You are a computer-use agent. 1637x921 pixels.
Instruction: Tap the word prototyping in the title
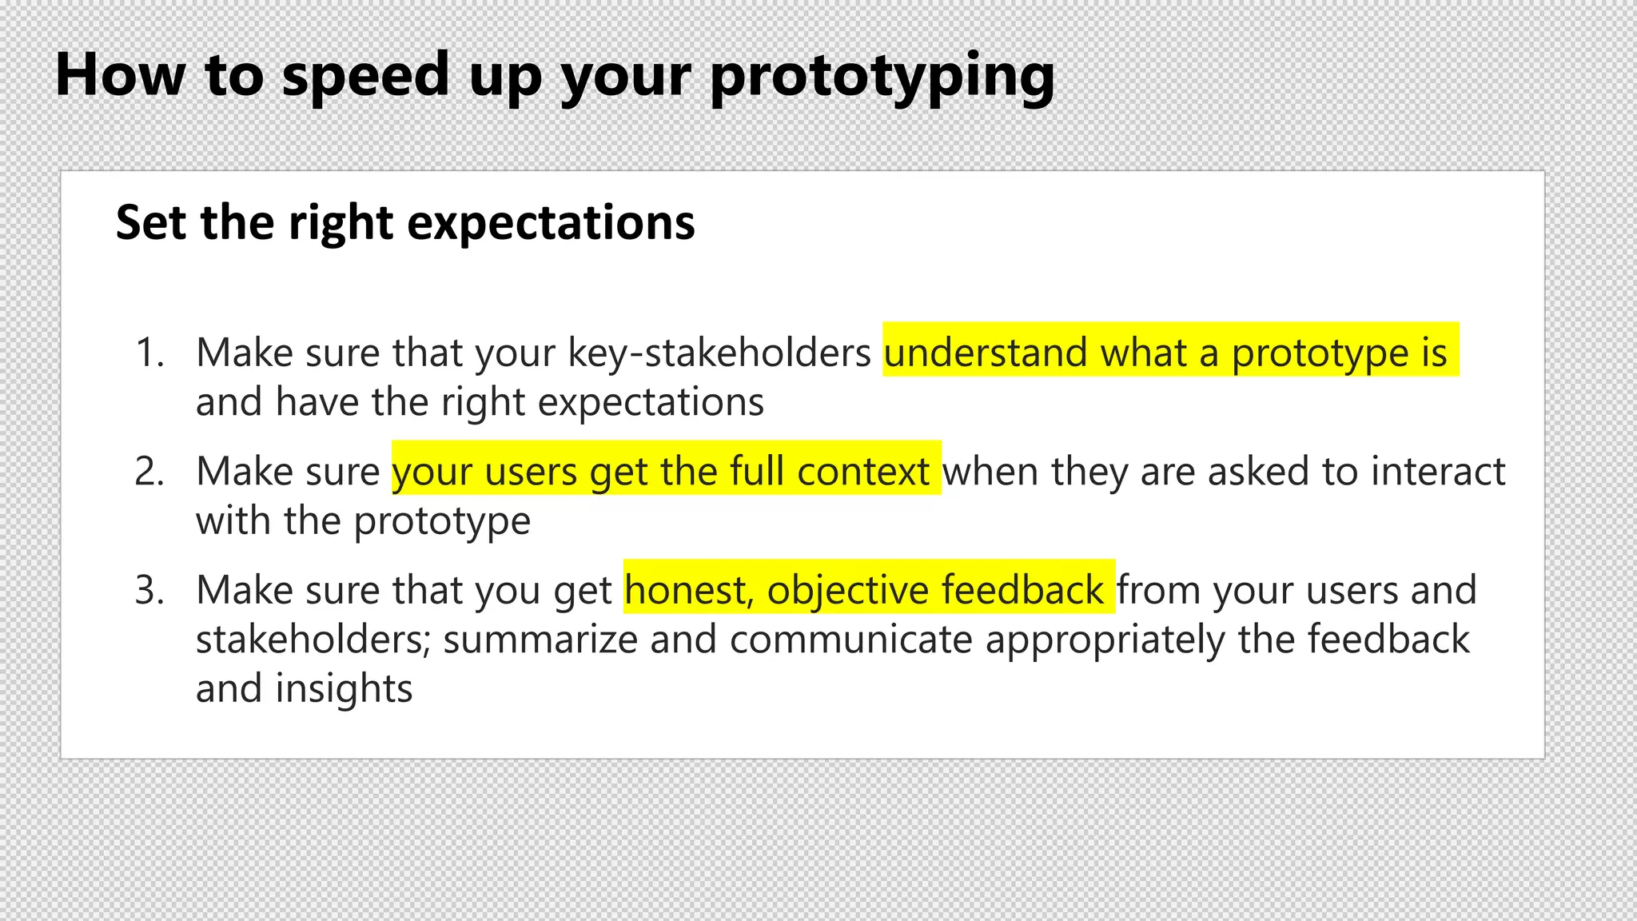tap(882, 77)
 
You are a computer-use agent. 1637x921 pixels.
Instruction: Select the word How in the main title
tap(120, 75)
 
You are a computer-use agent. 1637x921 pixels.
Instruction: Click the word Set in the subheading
tap(151, 222)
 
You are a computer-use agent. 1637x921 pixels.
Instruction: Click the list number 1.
tap(149, 353)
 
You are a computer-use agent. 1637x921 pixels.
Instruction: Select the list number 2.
tap(149, 471)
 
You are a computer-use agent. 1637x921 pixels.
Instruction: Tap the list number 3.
tap(149, 590)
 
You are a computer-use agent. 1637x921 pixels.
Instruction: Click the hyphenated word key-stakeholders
tap(719, 353)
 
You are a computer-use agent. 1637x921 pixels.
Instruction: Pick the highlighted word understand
tap(986, 353)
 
